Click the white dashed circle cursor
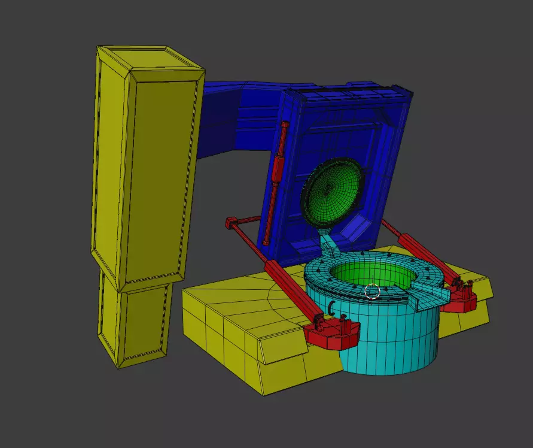click(372, 292)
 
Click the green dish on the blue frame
click(332, 189)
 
